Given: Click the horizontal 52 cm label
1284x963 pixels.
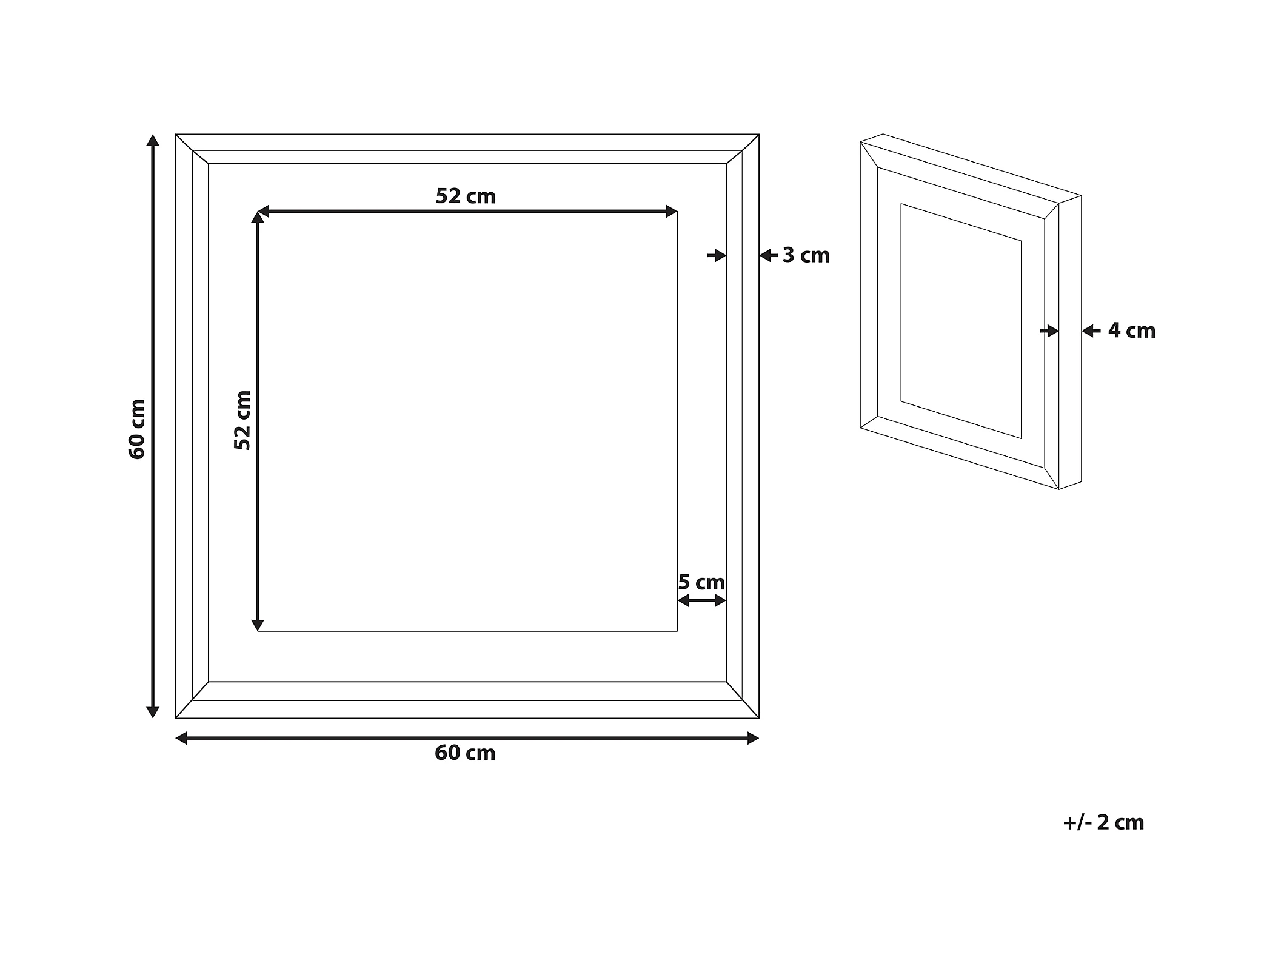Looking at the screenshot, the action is (466, 196).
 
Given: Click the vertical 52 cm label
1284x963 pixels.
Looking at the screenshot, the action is (242, 420).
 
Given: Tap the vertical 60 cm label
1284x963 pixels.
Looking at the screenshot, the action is (138, 429).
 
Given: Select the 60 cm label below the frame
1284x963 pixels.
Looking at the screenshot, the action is (465, 753).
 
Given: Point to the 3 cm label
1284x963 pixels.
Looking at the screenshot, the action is (806, 255).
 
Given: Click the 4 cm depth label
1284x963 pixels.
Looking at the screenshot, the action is (1131, 331).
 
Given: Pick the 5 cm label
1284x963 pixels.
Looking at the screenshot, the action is (701, 582).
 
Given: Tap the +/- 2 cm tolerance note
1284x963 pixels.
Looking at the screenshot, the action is (1103, 822).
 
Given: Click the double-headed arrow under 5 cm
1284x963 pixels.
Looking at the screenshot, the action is (701, 600).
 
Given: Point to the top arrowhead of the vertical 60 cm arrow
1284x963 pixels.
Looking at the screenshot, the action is (153, 141).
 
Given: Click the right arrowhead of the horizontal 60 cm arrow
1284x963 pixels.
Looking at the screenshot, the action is (752, 738).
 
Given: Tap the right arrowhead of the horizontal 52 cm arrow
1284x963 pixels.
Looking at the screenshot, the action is (671, 212).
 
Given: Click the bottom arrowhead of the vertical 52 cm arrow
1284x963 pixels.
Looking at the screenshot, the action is (258, 625).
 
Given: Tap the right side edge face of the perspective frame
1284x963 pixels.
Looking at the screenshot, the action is (1070, 343).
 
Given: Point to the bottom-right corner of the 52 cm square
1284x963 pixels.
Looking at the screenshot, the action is (677, 631).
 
